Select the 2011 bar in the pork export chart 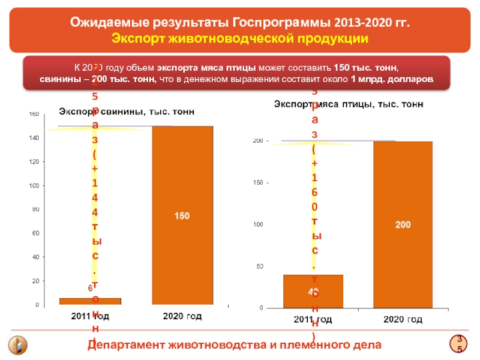pos(90,301)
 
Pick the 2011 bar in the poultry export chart pos(313,291)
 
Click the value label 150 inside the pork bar pos(182,215)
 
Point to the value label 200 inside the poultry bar pos(403,224)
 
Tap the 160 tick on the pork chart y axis pos(34,114)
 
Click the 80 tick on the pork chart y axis pos(35,209)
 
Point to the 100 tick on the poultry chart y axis pos(259,225)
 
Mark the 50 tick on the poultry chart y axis pos(260,266)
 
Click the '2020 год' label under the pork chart pos(182,316)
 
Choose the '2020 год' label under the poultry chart pos(403,321)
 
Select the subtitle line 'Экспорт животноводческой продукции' pos(240,39)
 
